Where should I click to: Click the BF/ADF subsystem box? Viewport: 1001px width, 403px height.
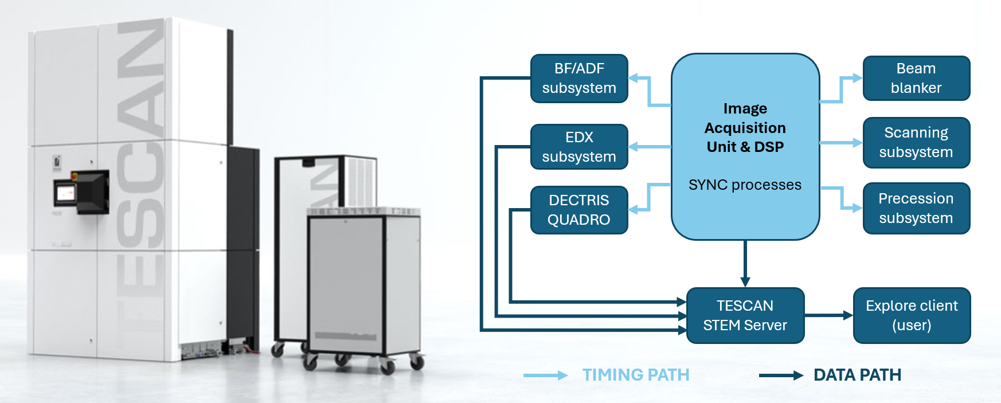pos(579,79)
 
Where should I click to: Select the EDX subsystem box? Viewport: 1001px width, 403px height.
pos(579,147)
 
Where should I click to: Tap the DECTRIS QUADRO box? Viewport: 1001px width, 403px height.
pos(579,210)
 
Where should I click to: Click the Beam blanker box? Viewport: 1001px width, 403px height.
pos(916,78)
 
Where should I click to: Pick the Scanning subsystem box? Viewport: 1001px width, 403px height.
pos(916,143)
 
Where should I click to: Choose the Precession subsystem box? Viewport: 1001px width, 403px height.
pos(916,208)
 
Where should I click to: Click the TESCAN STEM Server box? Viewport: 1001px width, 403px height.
pos(745,315)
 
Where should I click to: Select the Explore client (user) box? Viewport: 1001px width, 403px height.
pos(912,315)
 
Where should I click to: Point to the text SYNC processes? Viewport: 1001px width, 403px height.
pos(745,185)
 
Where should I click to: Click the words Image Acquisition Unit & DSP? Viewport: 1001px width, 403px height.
pos(745,128)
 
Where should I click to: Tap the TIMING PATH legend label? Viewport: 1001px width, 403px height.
pos(636,375)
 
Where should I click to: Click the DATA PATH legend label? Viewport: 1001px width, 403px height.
pos(857,375)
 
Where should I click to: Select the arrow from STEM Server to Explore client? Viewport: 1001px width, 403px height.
pos(828,315)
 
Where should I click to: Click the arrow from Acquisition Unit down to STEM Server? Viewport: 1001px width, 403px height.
pos(745,264)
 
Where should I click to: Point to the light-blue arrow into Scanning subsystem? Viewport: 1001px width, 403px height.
pos(840,143)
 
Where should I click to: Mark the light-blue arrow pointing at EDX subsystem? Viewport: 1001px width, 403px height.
pos(650,147)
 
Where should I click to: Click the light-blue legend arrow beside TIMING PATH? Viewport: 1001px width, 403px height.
pos(545,375)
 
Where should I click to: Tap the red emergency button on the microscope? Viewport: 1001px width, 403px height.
pos(74,174)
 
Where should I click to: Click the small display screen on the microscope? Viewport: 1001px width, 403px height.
pos(65,193)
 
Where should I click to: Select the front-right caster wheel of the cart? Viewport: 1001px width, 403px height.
pos(418,362)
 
